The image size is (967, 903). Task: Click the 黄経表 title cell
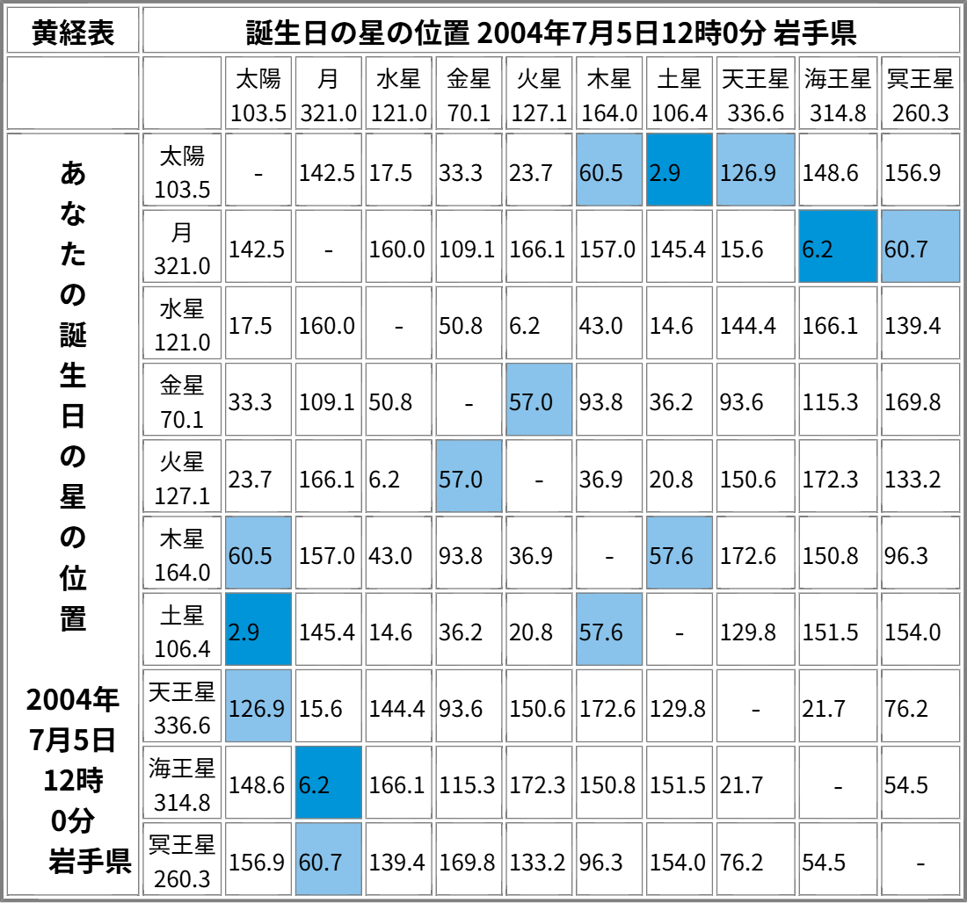(x=72, y=31)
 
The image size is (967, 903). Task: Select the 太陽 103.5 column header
(x=258, y=94)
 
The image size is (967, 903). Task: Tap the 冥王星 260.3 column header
(x=920, y=94)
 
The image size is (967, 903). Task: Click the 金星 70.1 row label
(x=182, y=401)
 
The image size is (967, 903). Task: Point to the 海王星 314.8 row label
(x=182, y=784)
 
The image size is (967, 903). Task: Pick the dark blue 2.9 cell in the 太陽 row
(x=679, y=171)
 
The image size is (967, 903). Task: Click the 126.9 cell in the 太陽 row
(x=755, y=171)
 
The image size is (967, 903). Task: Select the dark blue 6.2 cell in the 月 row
(x=838, y=248)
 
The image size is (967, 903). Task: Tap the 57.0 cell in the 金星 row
(x=539, y=401)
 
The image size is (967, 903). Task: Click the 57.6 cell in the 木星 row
(x=679, y=554)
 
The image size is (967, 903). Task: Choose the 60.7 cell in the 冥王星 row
(x=328, y=861)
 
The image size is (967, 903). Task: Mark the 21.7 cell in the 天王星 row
(x=838, y=708)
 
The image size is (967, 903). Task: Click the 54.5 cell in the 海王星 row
(x=920, y=784)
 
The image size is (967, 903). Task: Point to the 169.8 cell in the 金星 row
(x=920, y=401)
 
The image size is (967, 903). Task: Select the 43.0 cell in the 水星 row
(x=608, y=325)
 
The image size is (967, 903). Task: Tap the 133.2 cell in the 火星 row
(x=920, y=478)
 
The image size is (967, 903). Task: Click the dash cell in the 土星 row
(x=679, y=632)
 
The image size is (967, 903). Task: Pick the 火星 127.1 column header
(x=539, y=94)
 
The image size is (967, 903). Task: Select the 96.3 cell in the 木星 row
(x=920, y=554)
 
